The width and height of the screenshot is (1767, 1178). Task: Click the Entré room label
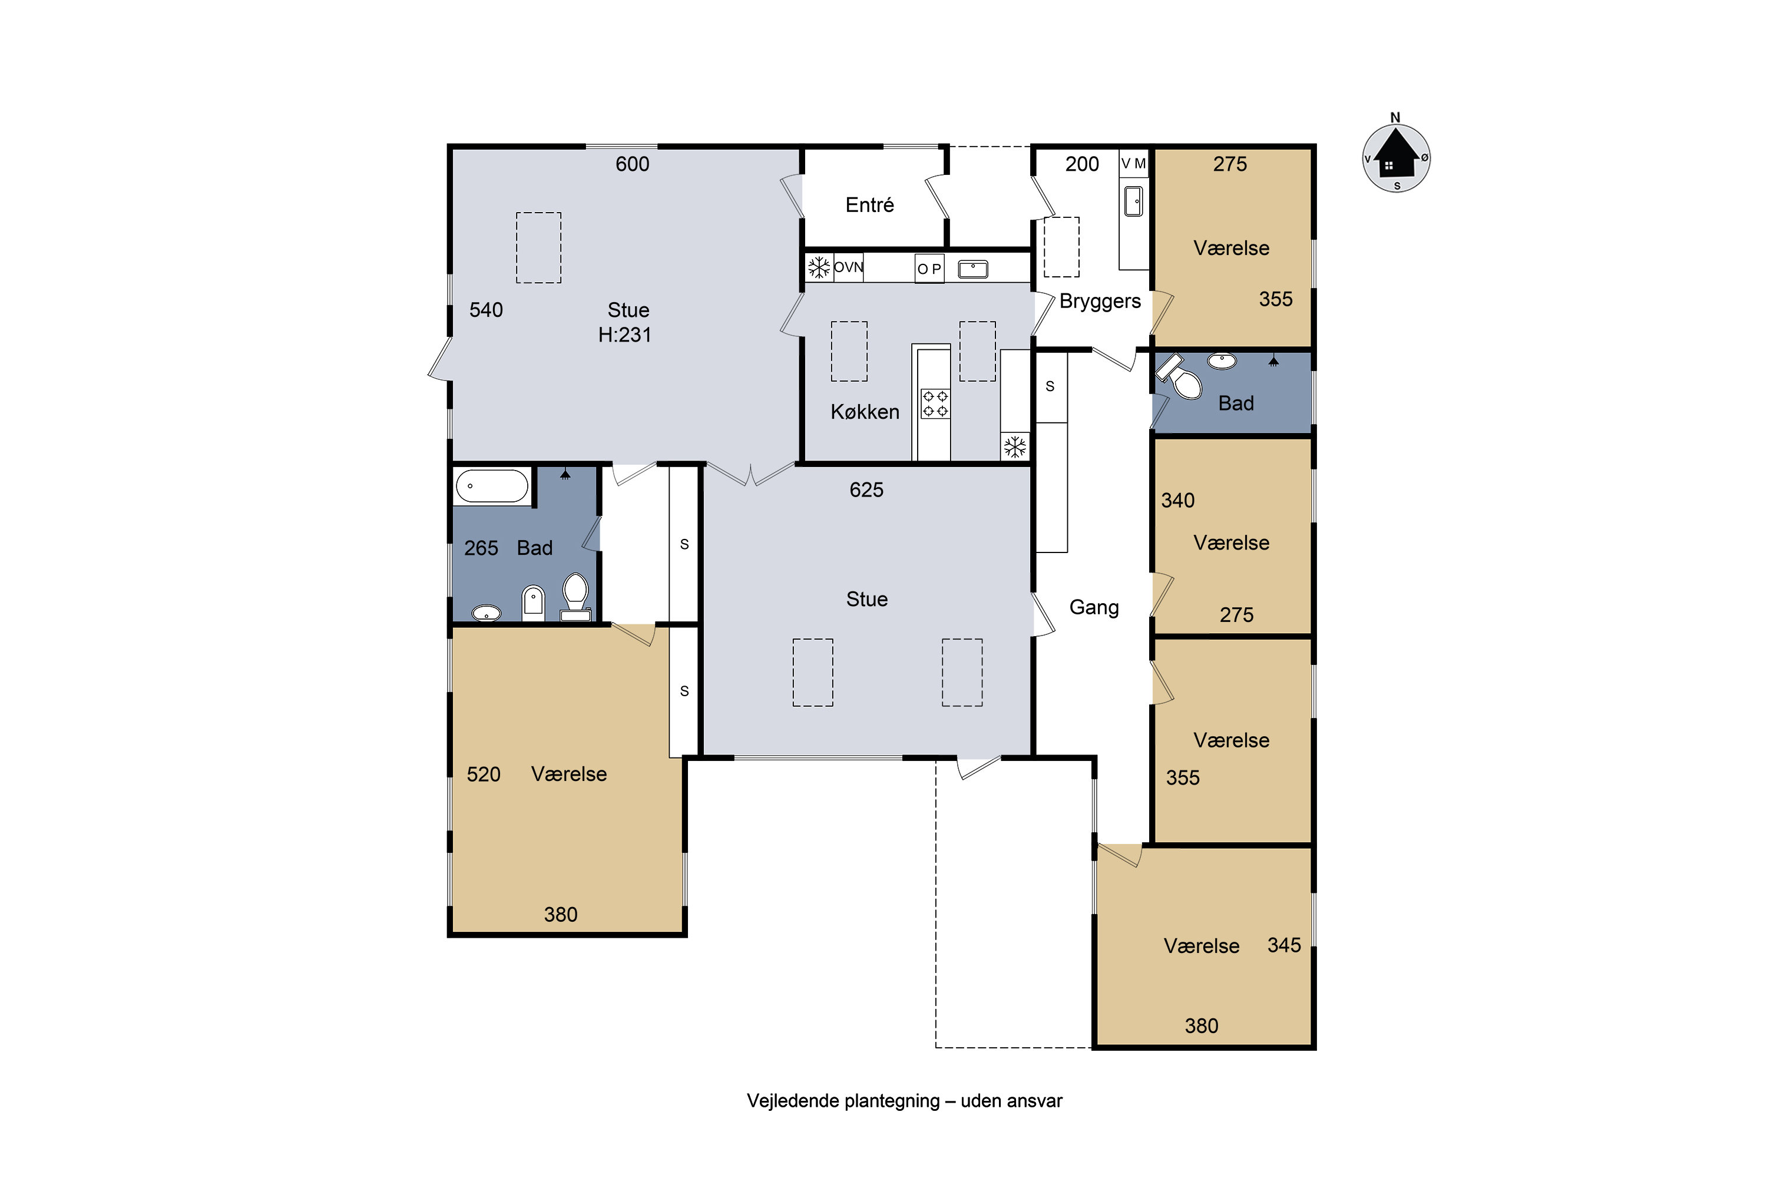click(869, 204)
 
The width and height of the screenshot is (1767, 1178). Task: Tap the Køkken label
click(865, 411)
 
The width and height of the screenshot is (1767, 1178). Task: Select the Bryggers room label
click(1100, 301)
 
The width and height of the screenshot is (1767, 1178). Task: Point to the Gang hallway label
click(1094, 607)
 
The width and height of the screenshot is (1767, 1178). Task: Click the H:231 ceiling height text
click(624, 335)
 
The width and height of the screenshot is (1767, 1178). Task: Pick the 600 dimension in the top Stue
click(632, 164)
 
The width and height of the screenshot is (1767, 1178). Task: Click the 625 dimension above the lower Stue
click(866, 490)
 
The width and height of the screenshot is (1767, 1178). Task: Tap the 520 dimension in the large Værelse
click(483, 775)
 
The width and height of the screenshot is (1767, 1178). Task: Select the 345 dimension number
click(1284, 945)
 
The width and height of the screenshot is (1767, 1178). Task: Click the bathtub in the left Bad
click(492, 486)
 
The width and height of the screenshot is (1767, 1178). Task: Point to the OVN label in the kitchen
click(848, 267)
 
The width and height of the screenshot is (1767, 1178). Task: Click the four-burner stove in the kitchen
click(935, 403)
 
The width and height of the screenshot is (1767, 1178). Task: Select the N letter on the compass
click(1395, 117)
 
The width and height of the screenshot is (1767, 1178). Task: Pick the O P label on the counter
click(929, 269)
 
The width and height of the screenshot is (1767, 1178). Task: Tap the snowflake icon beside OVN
click(819, 267)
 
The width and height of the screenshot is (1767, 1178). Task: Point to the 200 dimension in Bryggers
click(1082, 164)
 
